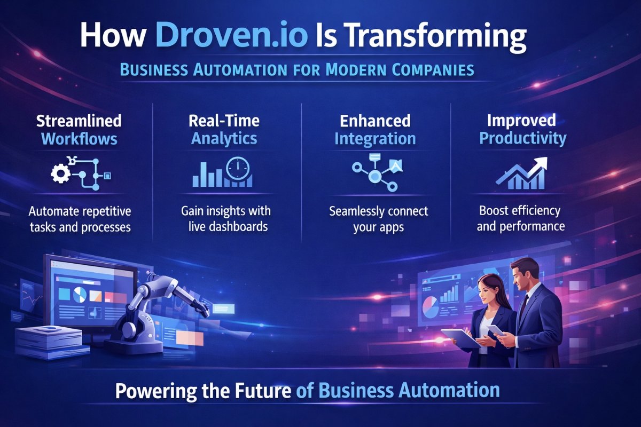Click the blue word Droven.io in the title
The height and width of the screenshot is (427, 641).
click(x=231, y=36)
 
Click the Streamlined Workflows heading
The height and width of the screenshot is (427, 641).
click(x=79, y=130)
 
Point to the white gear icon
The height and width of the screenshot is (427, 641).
click(x=61, y=173)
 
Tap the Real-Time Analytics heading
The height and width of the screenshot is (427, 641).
click(x=224, y=130)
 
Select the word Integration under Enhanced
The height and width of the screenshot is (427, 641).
click(x=375, y=139)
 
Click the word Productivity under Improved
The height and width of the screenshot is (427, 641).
click(x=522, y=139)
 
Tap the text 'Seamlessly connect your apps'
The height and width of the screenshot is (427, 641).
click(x=378, y=219)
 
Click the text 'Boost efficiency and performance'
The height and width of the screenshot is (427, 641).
click(x=520, y=219)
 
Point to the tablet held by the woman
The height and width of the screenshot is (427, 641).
click(x=461, y=337)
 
